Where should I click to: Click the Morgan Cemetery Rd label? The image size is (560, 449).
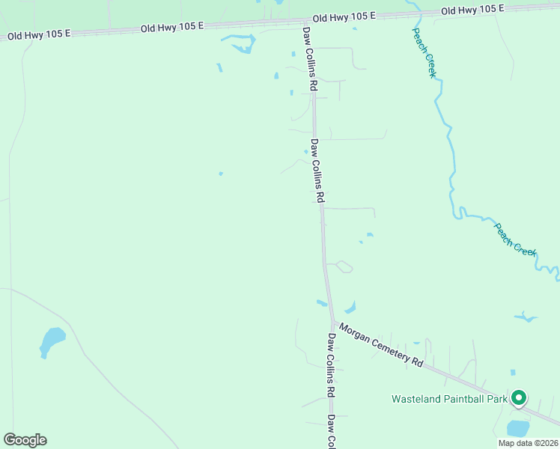[381, 345]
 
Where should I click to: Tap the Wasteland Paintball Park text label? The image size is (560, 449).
[449, 399]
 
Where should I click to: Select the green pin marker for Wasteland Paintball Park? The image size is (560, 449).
[519, 397]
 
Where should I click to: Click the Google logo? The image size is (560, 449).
[25, 440]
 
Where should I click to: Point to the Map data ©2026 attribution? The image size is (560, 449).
[527, 443]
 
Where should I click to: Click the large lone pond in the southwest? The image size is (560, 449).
[52, 340]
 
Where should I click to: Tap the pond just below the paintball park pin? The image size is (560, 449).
[518, 428]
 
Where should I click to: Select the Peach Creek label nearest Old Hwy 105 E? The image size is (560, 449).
[424, 55]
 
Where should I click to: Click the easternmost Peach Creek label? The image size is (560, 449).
[515, 238]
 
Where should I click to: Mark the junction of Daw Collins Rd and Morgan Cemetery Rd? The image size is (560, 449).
[332, 323]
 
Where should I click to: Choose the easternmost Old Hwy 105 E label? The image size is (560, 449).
[472, 10]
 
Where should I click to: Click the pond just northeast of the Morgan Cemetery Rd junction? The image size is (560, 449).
[350, 307]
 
